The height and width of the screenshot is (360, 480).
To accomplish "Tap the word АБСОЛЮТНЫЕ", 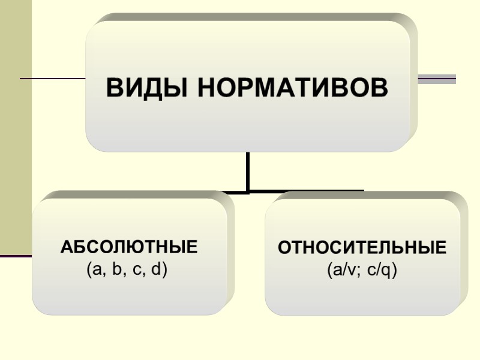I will coord(129,247).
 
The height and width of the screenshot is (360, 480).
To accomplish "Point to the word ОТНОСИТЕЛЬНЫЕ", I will coord(362,247).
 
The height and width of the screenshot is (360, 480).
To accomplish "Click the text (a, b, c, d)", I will coord(127,269).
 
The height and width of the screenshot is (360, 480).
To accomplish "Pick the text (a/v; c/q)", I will coord(362,270).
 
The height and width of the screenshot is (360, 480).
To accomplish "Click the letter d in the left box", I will coord(157,269).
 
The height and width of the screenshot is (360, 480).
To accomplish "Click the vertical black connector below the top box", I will coord(248,171).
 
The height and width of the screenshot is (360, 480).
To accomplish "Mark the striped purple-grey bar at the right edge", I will coord(437,79).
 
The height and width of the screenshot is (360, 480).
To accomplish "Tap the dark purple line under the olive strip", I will coord(16,256).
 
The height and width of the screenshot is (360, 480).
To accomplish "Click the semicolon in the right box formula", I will coord(360,271).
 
